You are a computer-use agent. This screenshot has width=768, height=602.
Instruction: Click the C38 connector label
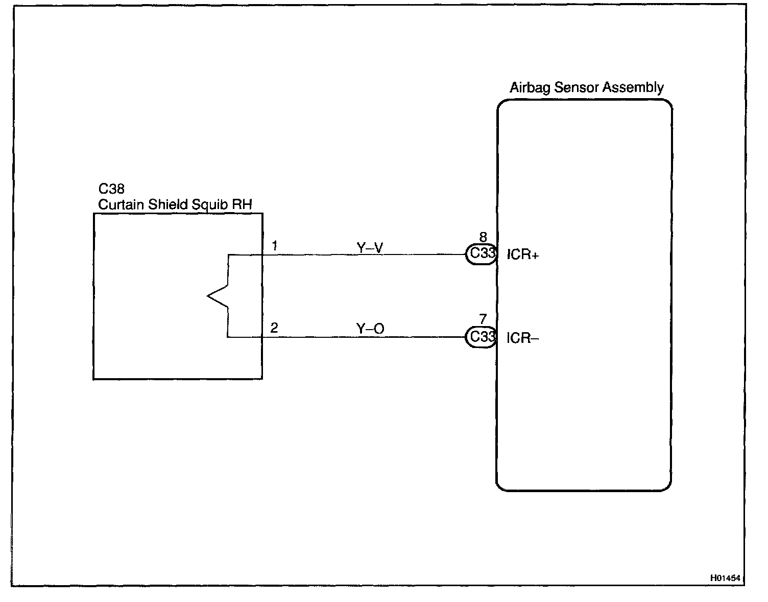point(111,189)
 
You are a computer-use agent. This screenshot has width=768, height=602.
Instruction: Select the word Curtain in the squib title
point(117,205)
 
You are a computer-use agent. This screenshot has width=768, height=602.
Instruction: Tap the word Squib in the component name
point(210,205)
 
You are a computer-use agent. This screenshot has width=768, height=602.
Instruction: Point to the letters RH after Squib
point(243,205)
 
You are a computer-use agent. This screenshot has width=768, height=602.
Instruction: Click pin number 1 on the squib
point(275,246)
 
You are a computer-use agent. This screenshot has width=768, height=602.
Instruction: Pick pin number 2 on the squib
point(274,328)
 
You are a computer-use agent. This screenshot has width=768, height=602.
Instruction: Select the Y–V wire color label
point(370,248)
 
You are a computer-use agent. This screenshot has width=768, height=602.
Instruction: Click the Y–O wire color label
point(370,329)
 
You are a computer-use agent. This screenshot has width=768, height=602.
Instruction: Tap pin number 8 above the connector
point(483,237)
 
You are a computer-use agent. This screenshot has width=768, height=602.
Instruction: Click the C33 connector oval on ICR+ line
point(482,254)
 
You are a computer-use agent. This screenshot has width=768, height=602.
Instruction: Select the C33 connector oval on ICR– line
point(482,337)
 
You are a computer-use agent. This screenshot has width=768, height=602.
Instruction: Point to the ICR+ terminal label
point(522,254)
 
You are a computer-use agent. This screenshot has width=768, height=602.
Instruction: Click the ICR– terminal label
point(522,338)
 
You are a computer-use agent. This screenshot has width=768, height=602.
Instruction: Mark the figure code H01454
point(725,578)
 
